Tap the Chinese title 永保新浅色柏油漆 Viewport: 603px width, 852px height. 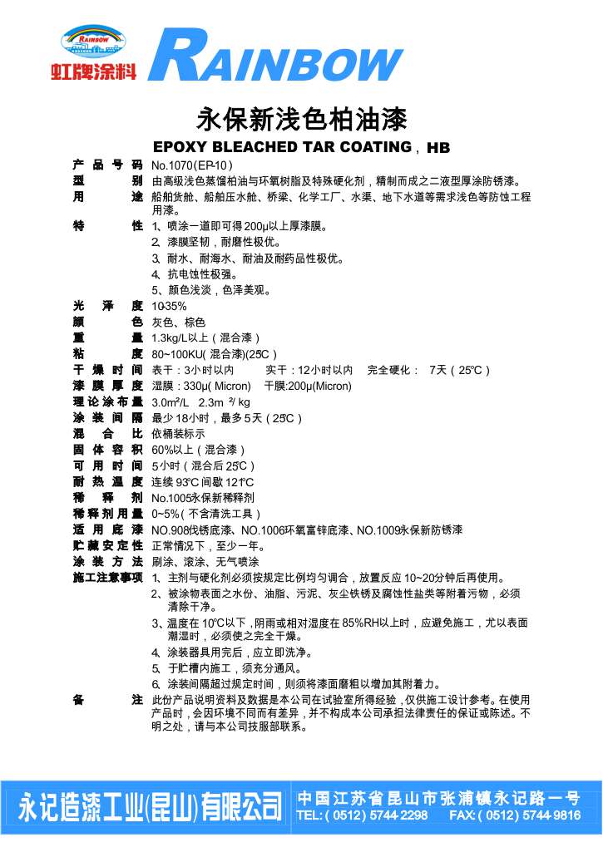pos(301,120)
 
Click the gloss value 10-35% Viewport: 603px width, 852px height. pos(169,306)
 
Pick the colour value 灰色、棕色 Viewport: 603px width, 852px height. pos(178,322)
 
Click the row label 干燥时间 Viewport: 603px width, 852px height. pos(107,369)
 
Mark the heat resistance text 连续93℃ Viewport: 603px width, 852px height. pos(176,482)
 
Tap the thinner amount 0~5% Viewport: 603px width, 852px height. pos(166,514)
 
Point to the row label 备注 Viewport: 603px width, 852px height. pos(107,699)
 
